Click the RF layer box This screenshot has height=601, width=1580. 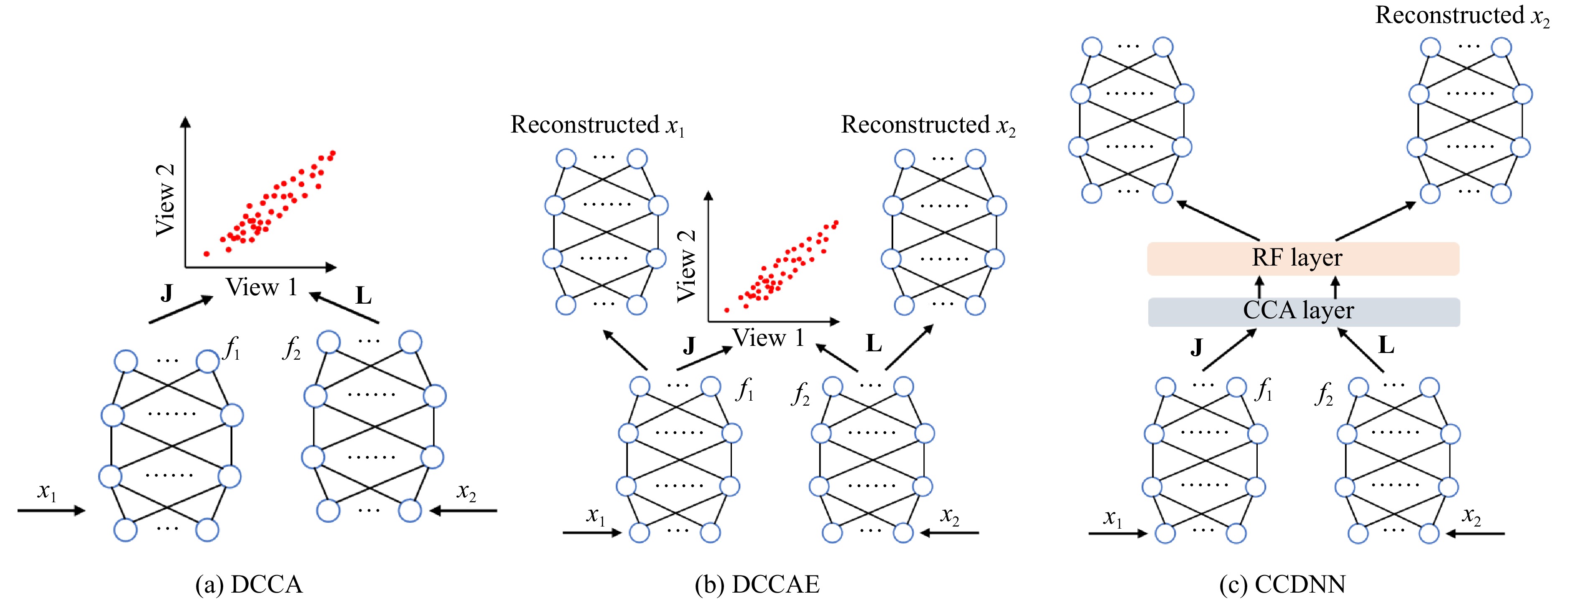[1303, 258]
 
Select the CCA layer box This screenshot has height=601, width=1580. [1303, 311]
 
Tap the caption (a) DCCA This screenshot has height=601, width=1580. [249, 584]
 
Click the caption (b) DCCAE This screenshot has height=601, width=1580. [757, 584]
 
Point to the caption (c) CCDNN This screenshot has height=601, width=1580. [1282, 584]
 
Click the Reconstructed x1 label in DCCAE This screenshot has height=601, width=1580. [597, 125]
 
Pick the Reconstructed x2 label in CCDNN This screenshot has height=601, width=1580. [1462, 16]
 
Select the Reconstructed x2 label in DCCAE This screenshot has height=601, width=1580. [928, 125]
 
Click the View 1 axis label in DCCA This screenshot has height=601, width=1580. [261, 286]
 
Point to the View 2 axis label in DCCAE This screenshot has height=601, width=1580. [686, 266]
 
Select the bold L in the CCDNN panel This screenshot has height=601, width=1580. [1386, 345]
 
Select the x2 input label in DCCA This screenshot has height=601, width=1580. [466, 492]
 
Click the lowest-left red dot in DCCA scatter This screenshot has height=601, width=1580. [207, 253]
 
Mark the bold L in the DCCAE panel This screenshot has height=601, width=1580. [874, 344]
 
